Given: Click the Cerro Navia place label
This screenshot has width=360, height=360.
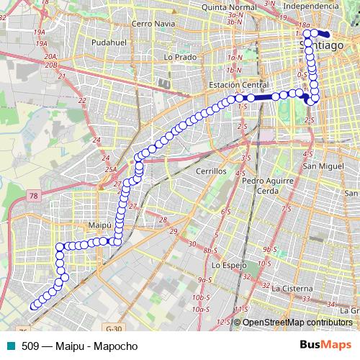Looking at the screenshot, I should point(153,23).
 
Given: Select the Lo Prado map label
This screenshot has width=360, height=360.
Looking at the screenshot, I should point(180,56).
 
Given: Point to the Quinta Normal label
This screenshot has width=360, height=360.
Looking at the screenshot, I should point(230,6).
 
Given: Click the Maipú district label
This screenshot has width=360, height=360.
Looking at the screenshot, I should point(100,225).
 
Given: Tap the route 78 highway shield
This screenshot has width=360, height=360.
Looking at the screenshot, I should point(34,195).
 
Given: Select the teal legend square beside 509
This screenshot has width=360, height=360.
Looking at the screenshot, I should point(10,346).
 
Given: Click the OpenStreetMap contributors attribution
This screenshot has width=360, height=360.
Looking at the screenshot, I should point(297,323).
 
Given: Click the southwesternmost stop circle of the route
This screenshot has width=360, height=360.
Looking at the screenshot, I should point(32,307).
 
